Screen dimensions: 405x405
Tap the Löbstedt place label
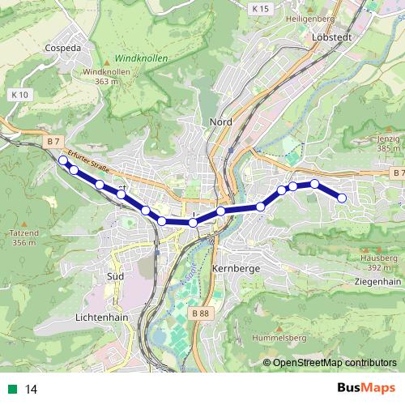(x=329, y=37)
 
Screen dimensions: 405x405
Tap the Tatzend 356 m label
(x=24, y=237)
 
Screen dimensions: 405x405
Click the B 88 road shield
(x=202, y=312)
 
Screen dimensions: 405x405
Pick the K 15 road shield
(x=259, y=8)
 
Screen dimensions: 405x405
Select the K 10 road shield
(x=20, y=95)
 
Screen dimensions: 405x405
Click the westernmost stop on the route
(x=63, y=160)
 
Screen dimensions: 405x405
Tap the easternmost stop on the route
(x=342, y=198)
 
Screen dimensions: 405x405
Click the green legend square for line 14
(x=10, y=390)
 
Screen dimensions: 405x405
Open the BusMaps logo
(x=365, y=389)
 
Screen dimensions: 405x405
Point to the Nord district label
(x=220, y=122)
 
